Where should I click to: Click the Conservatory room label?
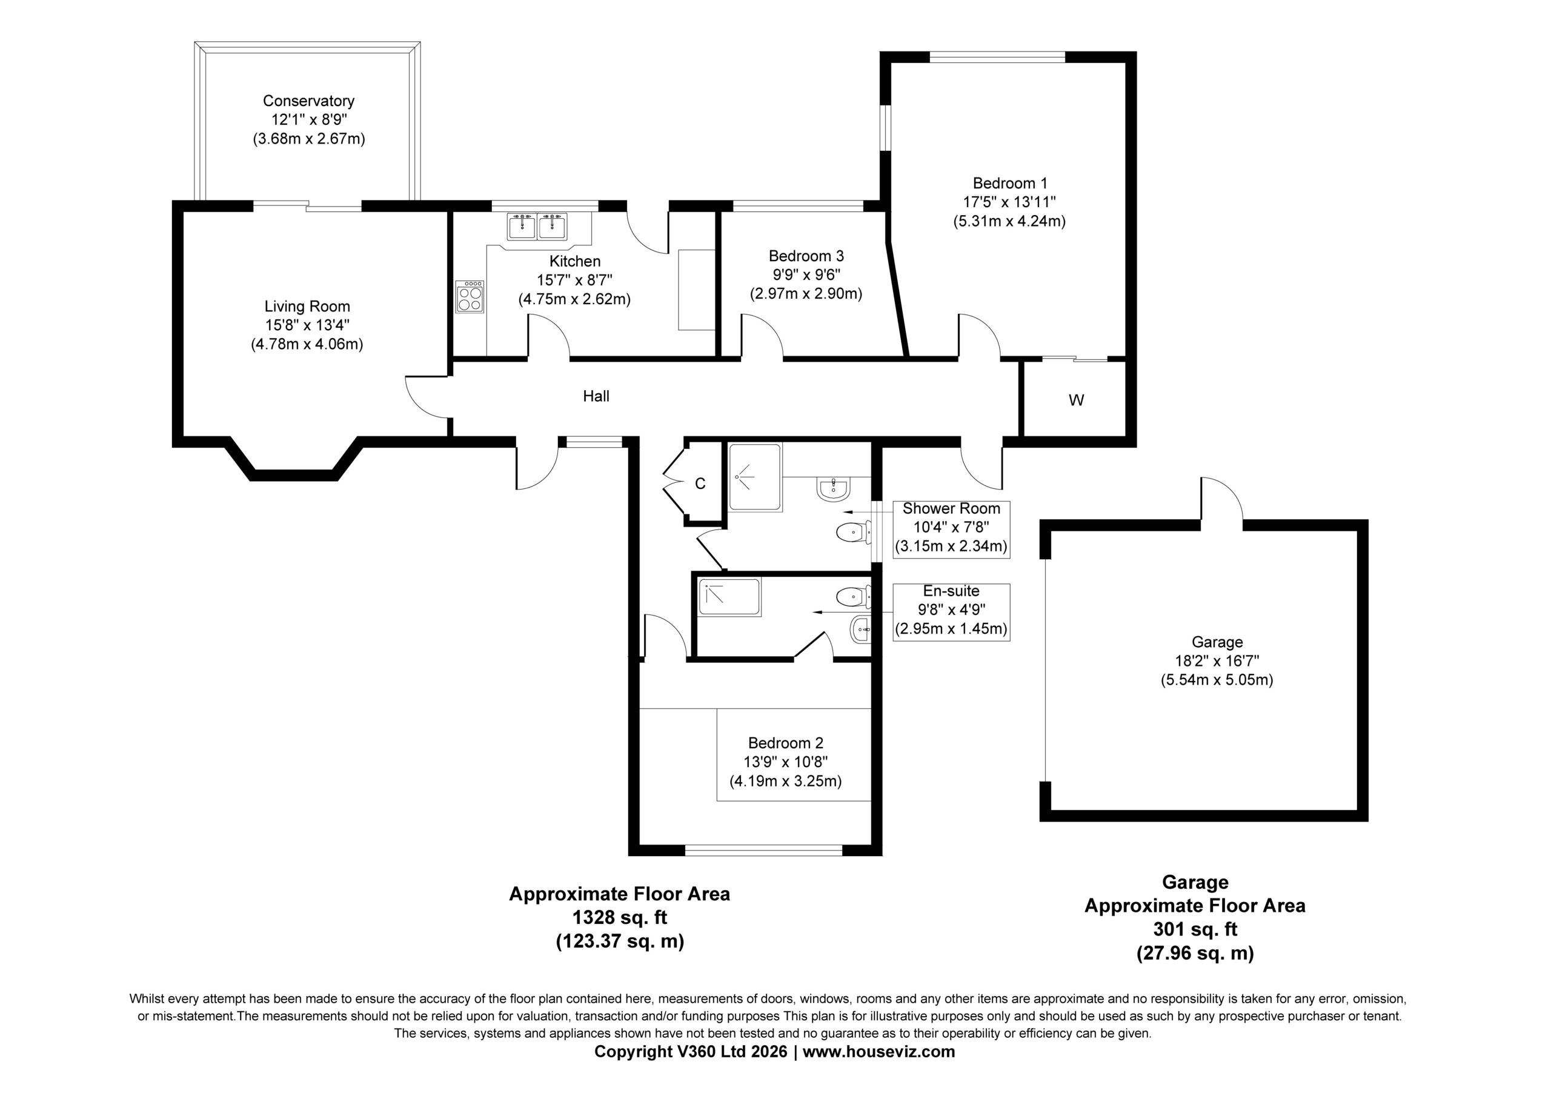tap(309, 101)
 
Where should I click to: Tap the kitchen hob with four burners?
tap(470, 297)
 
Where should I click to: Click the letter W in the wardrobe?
tap(1076, 400)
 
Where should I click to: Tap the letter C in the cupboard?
tap(700, 484)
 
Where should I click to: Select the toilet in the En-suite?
tap(853, 597)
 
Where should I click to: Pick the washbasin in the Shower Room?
tap(835, 488)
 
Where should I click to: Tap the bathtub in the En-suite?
tap(729, 597)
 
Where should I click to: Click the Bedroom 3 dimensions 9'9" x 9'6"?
tap(806, 275)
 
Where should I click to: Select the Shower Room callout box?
tap(951, 529)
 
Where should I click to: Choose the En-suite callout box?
tap(951, 612)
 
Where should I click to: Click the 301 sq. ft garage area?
tap(1194, 929)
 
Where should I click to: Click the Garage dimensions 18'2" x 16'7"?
tap(1217, 661)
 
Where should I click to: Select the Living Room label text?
tap(307, 307)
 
